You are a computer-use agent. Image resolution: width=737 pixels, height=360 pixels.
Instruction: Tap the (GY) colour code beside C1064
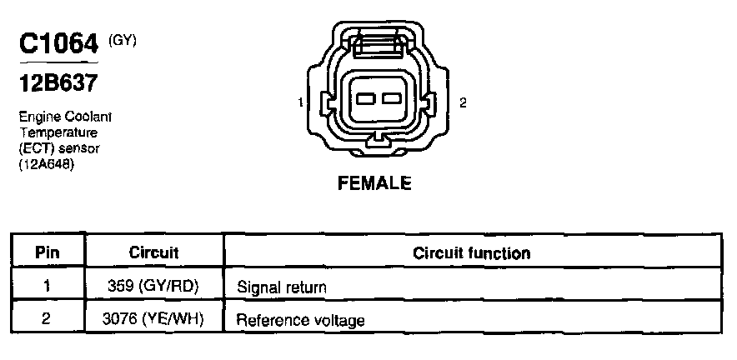click(x=122, y=39)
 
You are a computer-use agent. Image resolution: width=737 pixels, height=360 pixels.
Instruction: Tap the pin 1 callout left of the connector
click(x=299, y=102)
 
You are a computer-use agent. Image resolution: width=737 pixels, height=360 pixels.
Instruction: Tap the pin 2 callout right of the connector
click(x=463, y=102)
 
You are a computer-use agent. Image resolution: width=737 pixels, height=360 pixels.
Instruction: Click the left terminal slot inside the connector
click(x=365, y=99)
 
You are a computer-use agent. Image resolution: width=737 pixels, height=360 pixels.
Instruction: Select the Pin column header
click(x=47, y=252)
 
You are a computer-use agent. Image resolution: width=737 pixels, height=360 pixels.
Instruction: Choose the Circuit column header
click(x=154, y=252)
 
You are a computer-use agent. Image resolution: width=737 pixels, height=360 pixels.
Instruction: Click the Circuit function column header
click(x=471, y=252)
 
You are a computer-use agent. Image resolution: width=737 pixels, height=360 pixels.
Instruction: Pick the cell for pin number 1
click(x=47, y=287)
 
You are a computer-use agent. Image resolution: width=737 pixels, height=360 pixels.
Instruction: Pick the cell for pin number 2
click(x=47, y=318)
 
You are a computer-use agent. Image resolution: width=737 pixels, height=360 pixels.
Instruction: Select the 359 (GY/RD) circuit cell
click(x=154, y=287)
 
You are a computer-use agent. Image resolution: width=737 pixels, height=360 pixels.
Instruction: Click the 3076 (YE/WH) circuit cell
click(x=154, y=318)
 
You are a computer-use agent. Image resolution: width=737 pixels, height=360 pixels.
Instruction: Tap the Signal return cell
click(x=281, y=287)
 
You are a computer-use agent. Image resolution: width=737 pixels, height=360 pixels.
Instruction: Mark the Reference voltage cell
click(x=300, y=319)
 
